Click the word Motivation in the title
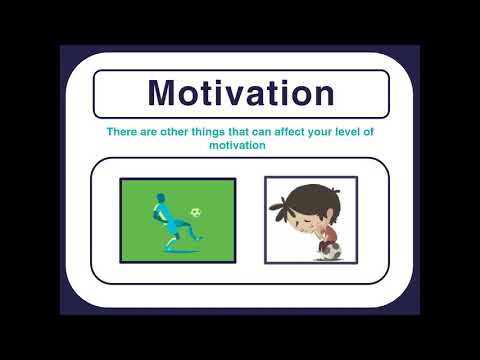tap(240, 93)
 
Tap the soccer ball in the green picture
tap(197, 212)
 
